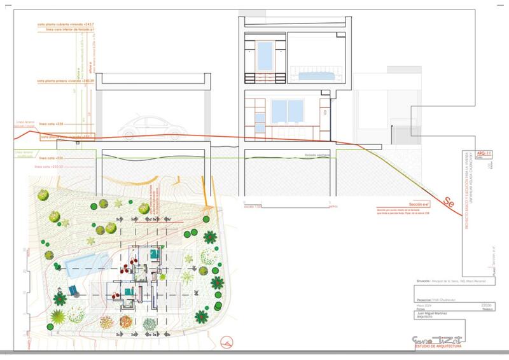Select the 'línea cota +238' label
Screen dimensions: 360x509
(52, 123)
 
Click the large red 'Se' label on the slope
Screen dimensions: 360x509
(449, 204)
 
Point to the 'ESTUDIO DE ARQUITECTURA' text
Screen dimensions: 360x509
(438, 346)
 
